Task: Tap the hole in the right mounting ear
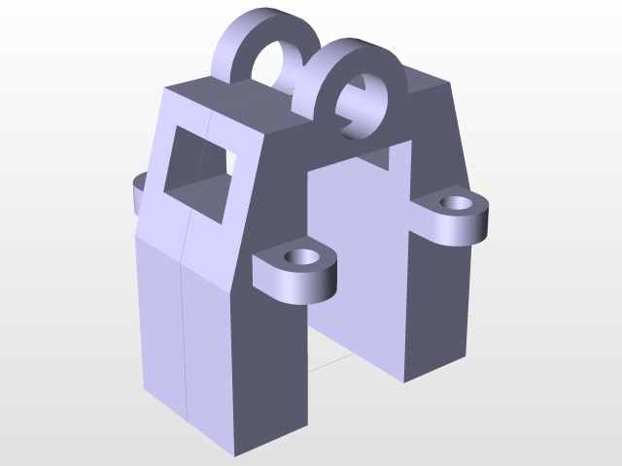[x=454, y=203]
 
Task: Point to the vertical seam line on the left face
[x=186, y=320]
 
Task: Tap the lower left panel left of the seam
[x=160, y=320]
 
